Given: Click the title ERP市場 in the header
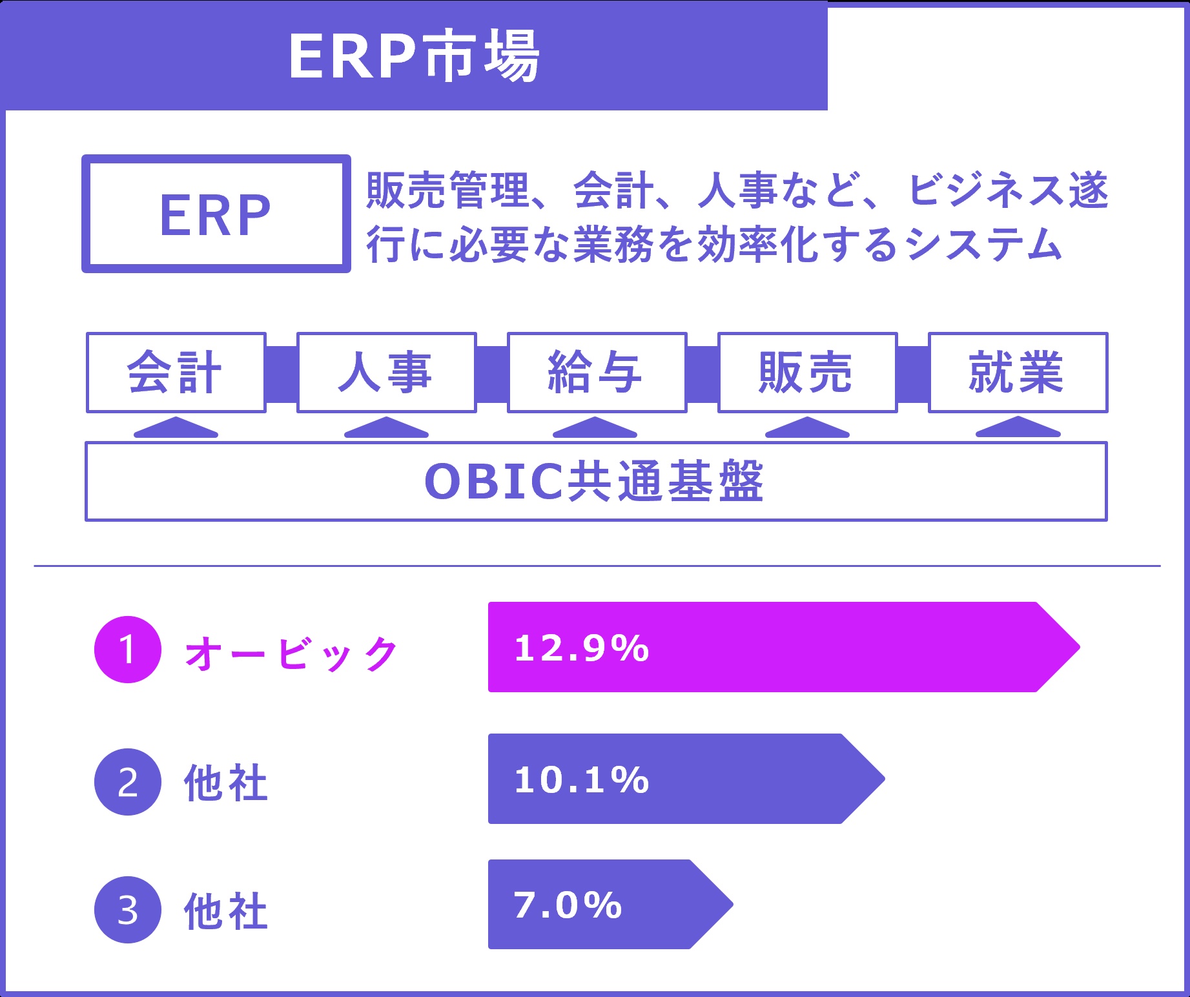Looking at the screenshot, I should click(413, 56).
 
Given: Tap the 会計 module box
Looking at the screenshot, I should click(176, 373).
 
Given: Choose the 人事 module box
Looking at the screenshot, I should click(386, 373).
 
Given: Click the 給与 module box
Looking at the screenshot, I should click(597, 373).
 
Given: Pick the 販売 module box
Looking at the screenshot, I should click(807, 373).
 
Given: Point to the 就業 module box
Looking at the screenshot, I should click(1018, 373).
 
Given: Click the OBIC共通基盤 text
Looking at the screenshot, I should click(594, 482).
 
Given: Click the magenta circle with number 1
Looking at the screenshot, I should click(128, 650).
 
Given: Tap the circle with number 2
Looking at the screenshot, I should click(128, 782).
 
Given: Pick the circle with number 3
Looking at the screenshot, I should click(128, 910).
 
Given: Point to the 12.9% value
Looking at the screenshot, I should click(581, 648).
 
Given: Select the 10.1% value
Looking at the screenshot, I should click(581, 779).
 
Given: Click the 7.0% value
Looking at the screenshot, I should click(568, 905).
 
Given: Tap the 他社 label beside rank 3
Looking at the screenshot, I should click(226, 911).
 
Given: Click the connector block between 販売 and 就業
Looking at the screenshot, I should click(913, 374).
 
